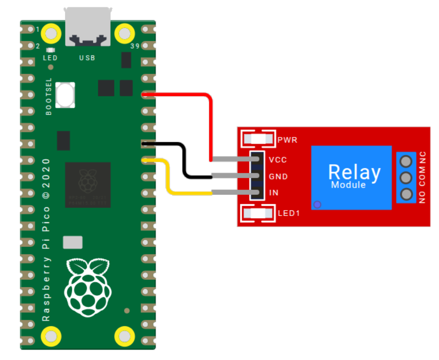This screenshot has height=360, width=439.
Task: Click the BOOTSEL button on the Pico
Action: tap(65, 94)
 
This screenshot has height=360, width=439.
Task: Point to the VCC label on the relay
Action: tap(277, 160)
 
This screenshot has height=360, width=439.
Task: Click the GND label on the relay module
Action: tap(278, 177)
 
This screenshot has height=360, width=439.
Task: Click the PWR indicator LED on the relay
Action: tap(258, 139)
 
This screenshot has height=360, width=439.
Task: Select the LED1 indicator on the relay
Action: tap(258, 214)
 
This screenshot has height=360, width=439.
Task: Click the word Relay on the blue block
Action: tap(354, 172)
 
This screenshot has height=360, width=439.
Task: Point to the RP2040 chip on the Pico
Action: tap(88, 184)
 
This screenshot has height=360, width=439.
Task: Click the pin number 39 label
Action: tap(133, 46)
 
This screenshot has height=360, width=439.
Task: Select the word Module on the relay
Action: tap(348, 185)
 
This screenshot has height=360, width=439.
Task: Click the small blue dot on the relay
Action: tap(317, 204)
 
